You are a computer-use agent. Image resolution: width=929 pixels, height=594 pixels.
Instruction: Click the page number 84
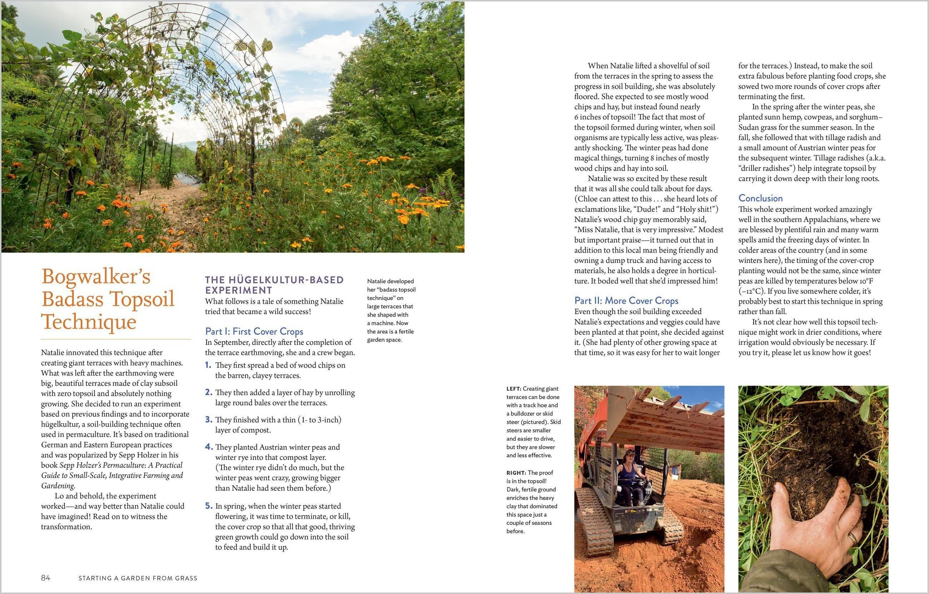click(45, 578)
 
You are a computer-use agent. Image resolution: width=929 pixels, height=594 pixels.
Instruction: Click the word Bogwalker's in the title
click(96, 277)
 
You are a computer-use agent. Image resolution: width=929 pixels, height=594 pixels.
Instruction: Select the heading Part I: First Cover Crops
click(254, 331)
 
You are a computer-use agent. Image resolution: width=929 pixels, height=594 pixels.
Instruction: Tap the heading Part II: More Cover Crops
click(626, 301)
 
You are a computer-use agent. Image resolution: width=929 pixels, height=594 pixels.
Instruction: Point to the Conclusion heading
click(760, 198)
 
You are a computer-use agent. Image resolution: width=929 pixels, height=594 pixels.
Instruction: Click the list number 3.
click(209, 419)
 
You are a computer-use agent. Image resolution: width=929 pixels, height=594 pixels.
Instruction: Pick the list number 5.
click(209, 506)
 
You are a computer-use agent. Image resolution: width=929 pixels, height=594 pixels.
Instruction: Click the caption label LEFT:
click(514, 389)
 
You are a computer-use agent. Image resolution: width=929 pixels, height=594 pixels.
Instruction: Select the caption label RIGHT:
click(516, 472)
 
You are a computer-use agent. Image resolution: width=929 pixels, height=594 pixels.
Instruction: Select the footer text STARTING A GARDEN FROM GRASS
click(138, 578)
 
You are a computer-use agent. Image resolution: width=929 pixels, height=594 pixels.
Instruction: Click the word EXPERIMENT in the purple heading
click(238, 290)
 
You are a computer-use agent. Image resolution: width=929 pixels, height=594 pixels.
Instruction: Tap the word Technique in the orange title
click(89, 322)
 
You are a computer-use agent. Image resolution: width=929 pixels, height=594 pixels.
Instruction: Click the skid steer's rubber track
click(592, 522)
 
